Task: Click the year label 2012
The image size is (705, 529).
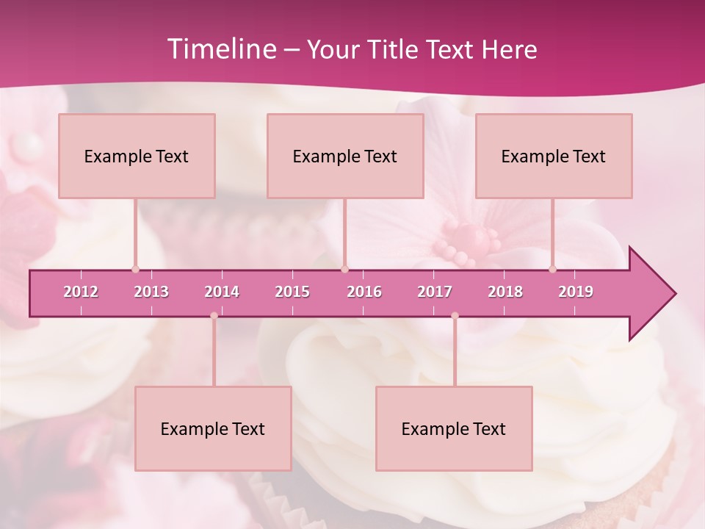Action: (81, 292)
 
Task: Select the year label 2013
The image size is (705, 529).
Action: (151, 292)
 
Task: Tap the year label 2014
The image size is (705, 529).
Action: (222, 292)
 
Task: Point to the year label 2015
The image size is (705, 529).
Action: (292, 292)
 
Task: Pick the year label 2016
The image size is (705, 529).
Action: (364, 292)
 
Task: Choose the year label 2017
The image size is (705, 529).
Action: (435, 292)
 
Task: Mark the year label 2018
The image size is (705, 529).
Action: (505, 292)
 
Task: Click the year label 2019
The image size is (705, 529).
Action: (576, 292)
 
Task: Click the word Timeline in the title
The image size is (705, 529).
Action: (220, 49)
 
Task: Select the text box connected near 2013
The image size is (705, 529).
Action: (137, 156)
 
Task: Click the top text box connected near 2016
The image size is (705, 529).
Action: (345, 156)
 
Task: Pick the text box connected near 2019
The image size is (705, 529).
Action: (554, 156)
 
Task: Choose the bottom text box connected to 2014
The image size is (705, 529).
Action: (213, 428)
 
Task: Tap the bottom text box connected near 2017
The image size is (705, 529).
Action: (454, 428)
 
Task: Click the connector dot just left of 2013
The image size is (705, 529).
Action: (135, 269)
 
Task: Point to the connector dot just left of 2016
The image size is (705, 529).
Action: (344, 269)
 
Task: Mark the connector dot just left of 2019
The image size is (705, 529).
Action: (552, 269)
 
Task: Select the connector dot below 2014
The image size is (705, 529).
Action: (214, 316)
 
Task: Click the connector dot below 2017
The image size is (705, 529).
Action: (455, 316)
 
